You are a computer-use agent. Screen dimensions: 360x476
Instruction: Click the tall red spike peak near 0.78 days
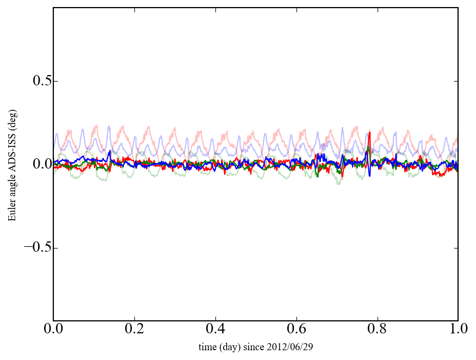(x=369, y=133)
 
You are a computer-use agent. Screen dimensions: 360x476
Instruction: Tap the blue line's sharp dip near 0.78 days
(x=369, y=175)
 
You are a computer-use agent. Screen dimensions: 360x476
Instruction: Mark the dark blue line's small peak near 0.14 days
(x=110, y=151)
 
